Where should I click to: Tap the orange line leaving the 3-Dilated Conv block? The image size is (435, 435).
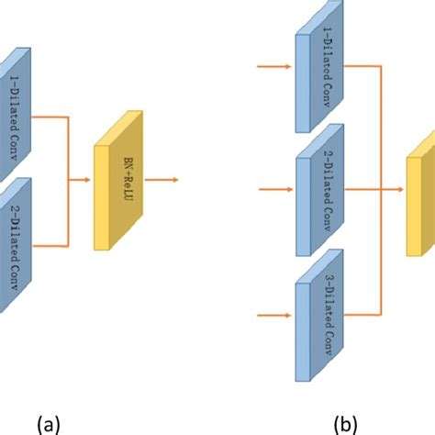362,313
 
